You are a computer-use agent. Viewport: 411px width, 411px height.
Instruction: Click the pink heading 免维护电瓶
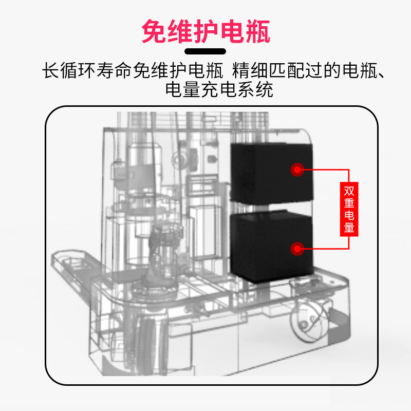pyautogui.click(x=206, y=32)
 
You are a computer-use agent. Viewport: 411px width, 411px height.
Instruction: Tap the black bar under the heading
pyautogui.click(x=206, y=51)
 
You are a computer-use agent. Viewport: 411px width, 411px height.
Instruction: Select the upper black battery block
pyautogui.click(x=271, y=172)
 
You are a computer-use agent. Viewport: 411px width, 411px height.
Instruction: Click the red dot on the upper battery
pyautogui.click(x=296, y=169)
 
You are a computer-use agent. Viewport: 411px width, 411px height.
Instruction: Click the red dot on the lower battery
pyautogui.click(x=296, y=249)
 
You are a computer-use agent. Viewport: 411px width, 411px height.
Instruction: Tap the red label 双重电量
pyautogui.click(x=349, y=209)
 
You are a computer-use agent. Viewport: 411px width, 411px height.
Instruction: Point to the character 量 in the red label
pyautogui.click(x=349, y=227)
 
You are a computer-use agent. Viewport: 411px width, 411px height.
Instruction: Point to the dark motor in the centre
pyautogui.click(x=162, y=241)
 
